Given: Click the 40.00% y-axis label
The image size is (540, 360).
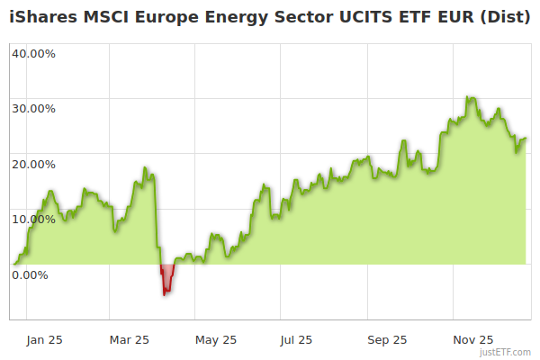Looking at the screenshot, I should click(33, 53).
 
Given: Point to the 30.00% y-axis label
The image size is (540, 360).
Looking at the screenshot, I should click(33, 109).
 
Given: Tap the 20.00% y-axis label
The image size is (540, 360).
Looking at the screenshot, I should click(33, 164).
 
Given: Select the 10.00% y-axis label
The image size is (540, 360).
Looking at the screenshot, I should click(33, 219).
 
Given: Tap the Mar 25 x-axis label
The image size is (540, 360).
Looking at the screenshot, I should click(129, 339).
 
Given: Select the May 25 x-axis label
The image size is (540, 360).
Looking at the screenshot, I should click(216, 339).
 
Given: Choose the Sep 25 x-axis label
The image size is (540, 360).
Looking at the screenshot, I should click(386, 339).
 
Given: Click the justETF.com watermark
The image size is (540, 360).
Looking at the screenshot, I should click(508, 352).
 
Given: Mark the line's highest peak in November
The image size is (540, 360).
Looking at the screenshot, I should click(468, 96).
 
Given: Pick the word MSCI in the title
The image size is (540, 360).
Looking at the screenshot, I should click(106, 17).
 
